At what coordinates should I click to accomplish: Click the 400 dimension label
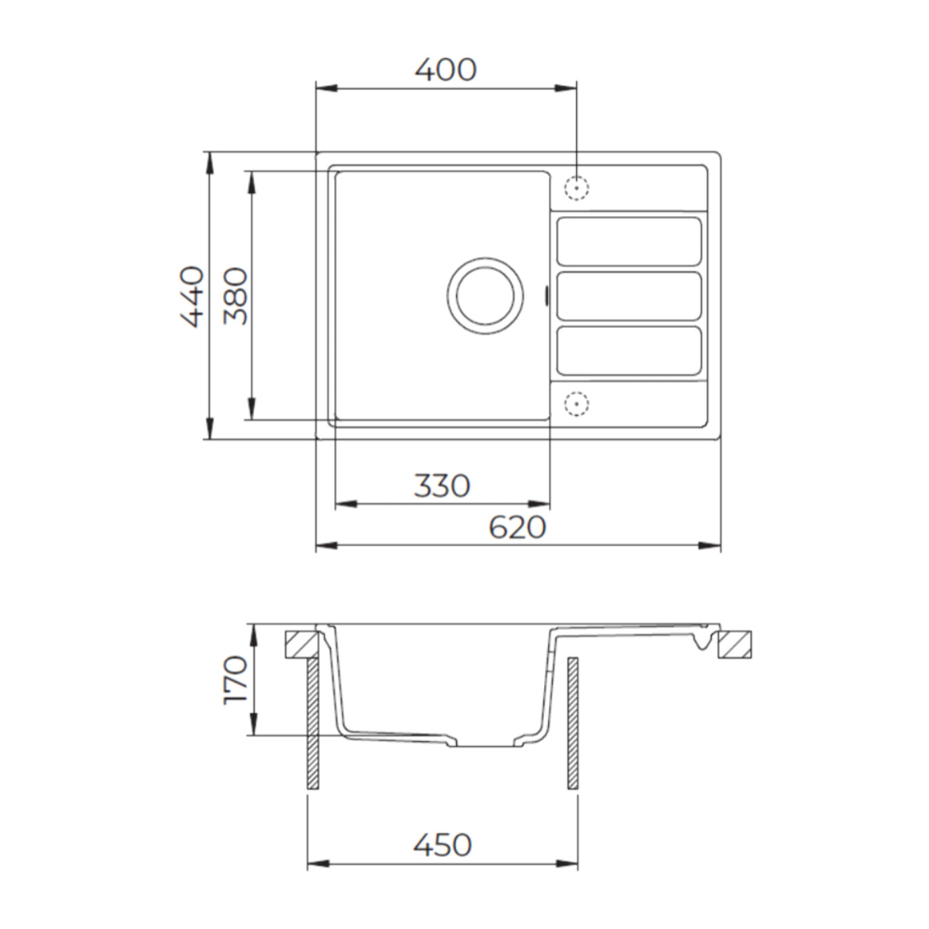point(445,70)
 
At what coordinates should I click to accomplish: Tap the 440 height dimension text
point(191,297)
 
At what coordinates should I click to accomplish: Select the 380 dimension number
point(236,297)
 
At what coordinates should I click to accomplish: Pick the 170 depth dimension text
point(236,680)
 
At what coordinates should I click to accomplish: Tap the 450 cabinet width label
point(442,845)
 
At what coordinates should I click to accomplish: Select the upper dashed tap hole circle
point(577,188)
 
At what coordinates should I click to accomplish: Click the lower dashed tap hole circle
point(577,403)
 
